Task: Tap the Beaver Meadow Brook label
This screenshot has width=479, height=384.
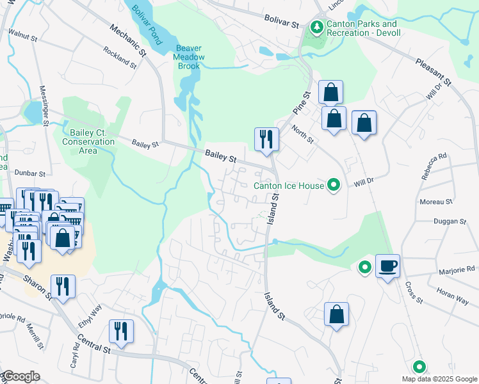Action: tap(190, 57)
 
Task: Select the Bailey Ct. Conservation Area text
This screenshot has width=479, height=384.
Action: tap(88, 141)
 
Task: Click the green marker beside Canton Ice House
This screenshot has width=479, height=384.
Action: tap(333, 186)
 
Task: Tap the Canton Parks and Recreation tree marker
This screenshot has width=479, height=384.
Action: tap(316, 28)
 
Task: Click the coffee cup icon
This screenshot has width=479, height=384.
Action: tap(388, 266)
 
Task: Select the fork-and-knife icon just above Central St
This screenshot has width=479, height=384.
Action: tap(121, 331)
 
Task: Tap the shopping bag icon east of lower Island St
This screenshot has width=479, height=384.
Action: tap(336, 314)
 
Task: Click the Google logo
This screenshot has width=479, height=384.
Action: tap(20, 376)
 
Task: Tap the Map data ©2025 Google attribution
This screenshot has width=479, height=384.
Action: tap(439, 379)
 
